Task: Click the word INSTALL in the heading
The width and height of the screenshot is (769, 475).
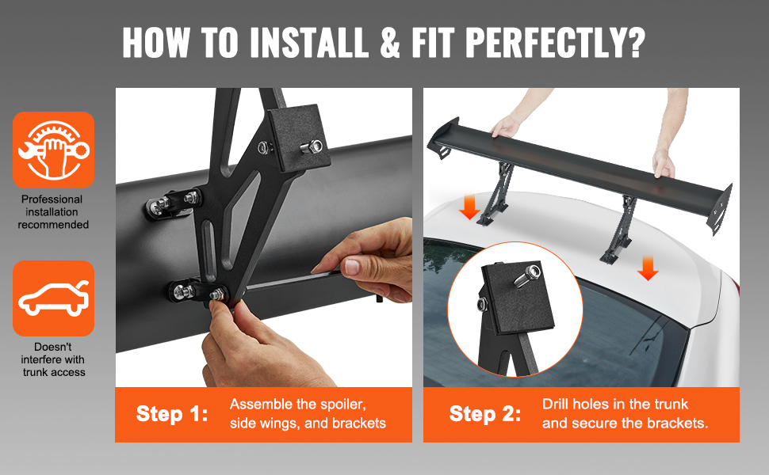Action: (x=309, y=42)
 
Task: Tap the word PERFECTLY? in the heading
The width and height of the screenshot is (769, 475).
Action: (x=555, y=42)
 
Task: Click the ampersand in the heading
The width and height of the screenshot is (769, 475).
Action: (x=390, y=43)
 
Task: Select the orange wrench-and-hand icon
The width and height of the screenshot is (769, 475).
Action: (x=53, y=150)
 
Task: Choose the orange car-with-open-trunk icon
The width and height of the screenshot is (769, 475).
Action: (x=53, y=298)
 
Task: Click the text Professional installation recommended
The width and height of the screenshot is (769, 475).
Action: (x=53, y=212)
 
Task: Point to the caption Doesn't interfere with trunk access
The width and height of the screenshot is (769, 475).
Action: (x=53, y=359)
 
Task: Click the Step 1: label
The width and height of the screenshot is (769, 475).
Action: (x=172, y=414)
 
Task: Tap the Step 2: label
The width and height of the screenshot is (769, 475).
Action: (x=485, y=414)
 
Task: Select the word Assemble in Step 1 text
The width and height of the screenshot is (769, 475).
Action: (x=260, y=405)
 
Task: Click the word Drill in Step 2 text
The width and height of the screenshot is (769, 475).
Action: (x=556, y=404)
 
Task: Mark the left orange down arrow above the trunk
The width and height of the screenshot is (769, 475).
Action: (x=470, y=207)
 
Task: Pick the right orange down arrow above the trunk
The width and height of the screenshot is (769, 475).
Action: (x=648, y=269)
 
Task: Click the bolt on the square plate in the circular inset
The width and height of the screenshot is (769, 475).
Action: (x=528, y=275)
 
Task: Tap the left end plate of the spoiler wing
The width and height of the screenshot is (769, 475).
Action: (x=443, y=138)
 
